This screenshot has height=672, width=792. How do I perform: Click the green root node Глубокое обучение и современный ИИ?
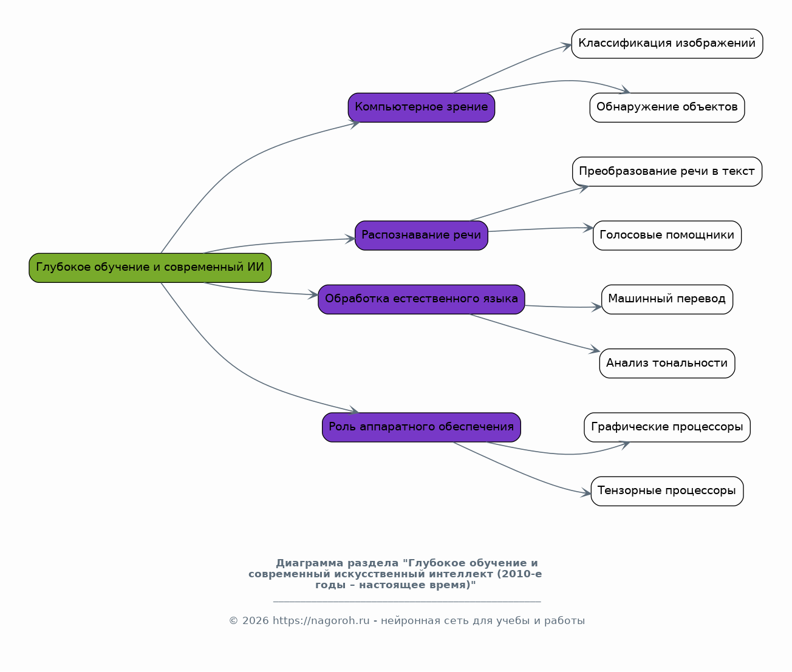(150, 268)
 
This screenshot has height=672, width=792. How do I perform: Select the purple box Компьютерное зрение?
(422, 107)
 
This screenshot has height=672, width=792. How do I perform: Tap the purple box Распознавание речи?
(422, 236)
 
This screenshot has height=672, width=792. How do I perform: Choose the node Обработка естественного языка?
(422, 299)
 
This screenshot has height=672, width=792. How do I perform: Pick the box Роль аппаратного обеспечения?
(422, 427)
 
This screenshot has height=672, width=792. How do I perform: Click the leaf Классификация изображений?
(667, 44)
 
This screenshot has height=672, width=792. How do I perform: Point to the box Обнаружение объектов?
(667, 107)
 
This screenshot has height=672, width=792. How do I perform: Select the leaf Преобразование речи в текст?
(667, 172)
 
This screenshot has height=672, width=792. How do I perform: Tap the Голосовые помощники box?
(667, 236)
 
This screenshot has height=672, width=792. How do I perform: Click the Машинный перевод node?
(667, 299)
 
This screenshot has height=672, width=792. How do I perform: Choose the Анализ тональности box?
(667, 364)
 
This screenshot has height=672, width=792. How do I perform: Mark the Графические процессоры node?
(667, 427)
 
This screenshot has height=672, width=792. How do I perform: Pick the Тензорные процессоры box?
(667, 491)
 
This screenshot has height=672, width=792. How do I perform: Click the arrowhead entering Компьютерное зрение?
(355, 123)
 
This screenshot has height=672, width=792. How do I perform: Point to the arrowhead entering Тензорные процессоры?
(587, 494)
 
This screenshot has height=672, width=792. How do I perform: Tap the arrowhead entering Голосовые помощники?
(589, 228)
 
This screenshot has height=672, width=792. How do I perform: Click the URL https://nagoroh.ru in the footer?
(321, 621)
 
